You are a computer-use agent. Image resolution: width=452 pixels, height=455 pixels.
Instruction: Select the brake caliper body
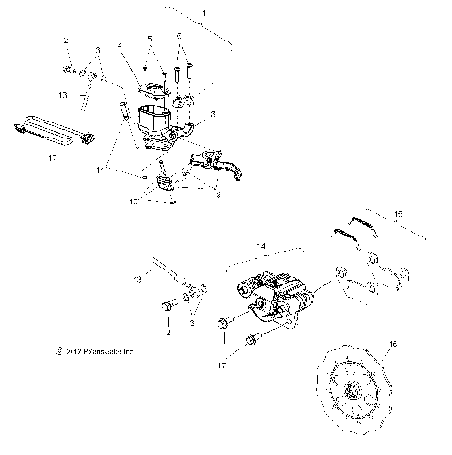272,299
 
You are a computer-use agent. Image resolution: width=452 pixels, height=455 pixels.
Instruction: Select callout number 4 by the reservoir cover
121,44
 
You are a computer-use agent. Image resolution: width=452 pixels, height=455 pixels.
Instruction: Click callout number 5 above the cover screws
149,38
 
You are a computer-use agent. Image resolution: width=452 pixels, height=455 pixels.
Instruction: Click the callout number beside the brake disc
393,346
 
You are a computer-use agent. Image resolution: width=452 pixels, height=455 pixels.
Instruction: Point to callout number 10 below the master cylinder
135,200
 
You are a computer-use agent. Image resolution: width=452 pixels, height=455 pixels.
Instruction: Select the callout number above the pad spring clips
398,215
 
